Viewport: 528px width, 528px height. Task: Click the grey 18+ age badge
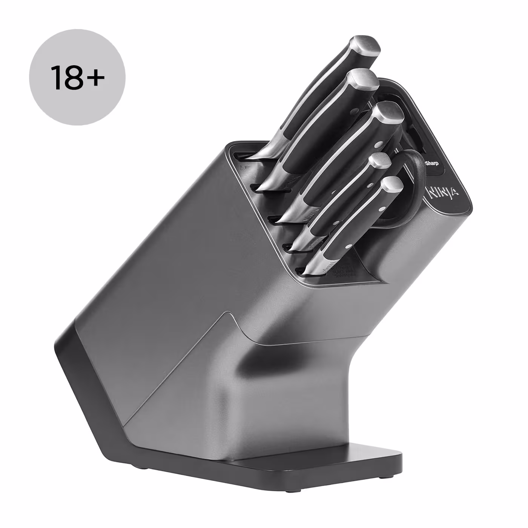pos(77,77)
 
